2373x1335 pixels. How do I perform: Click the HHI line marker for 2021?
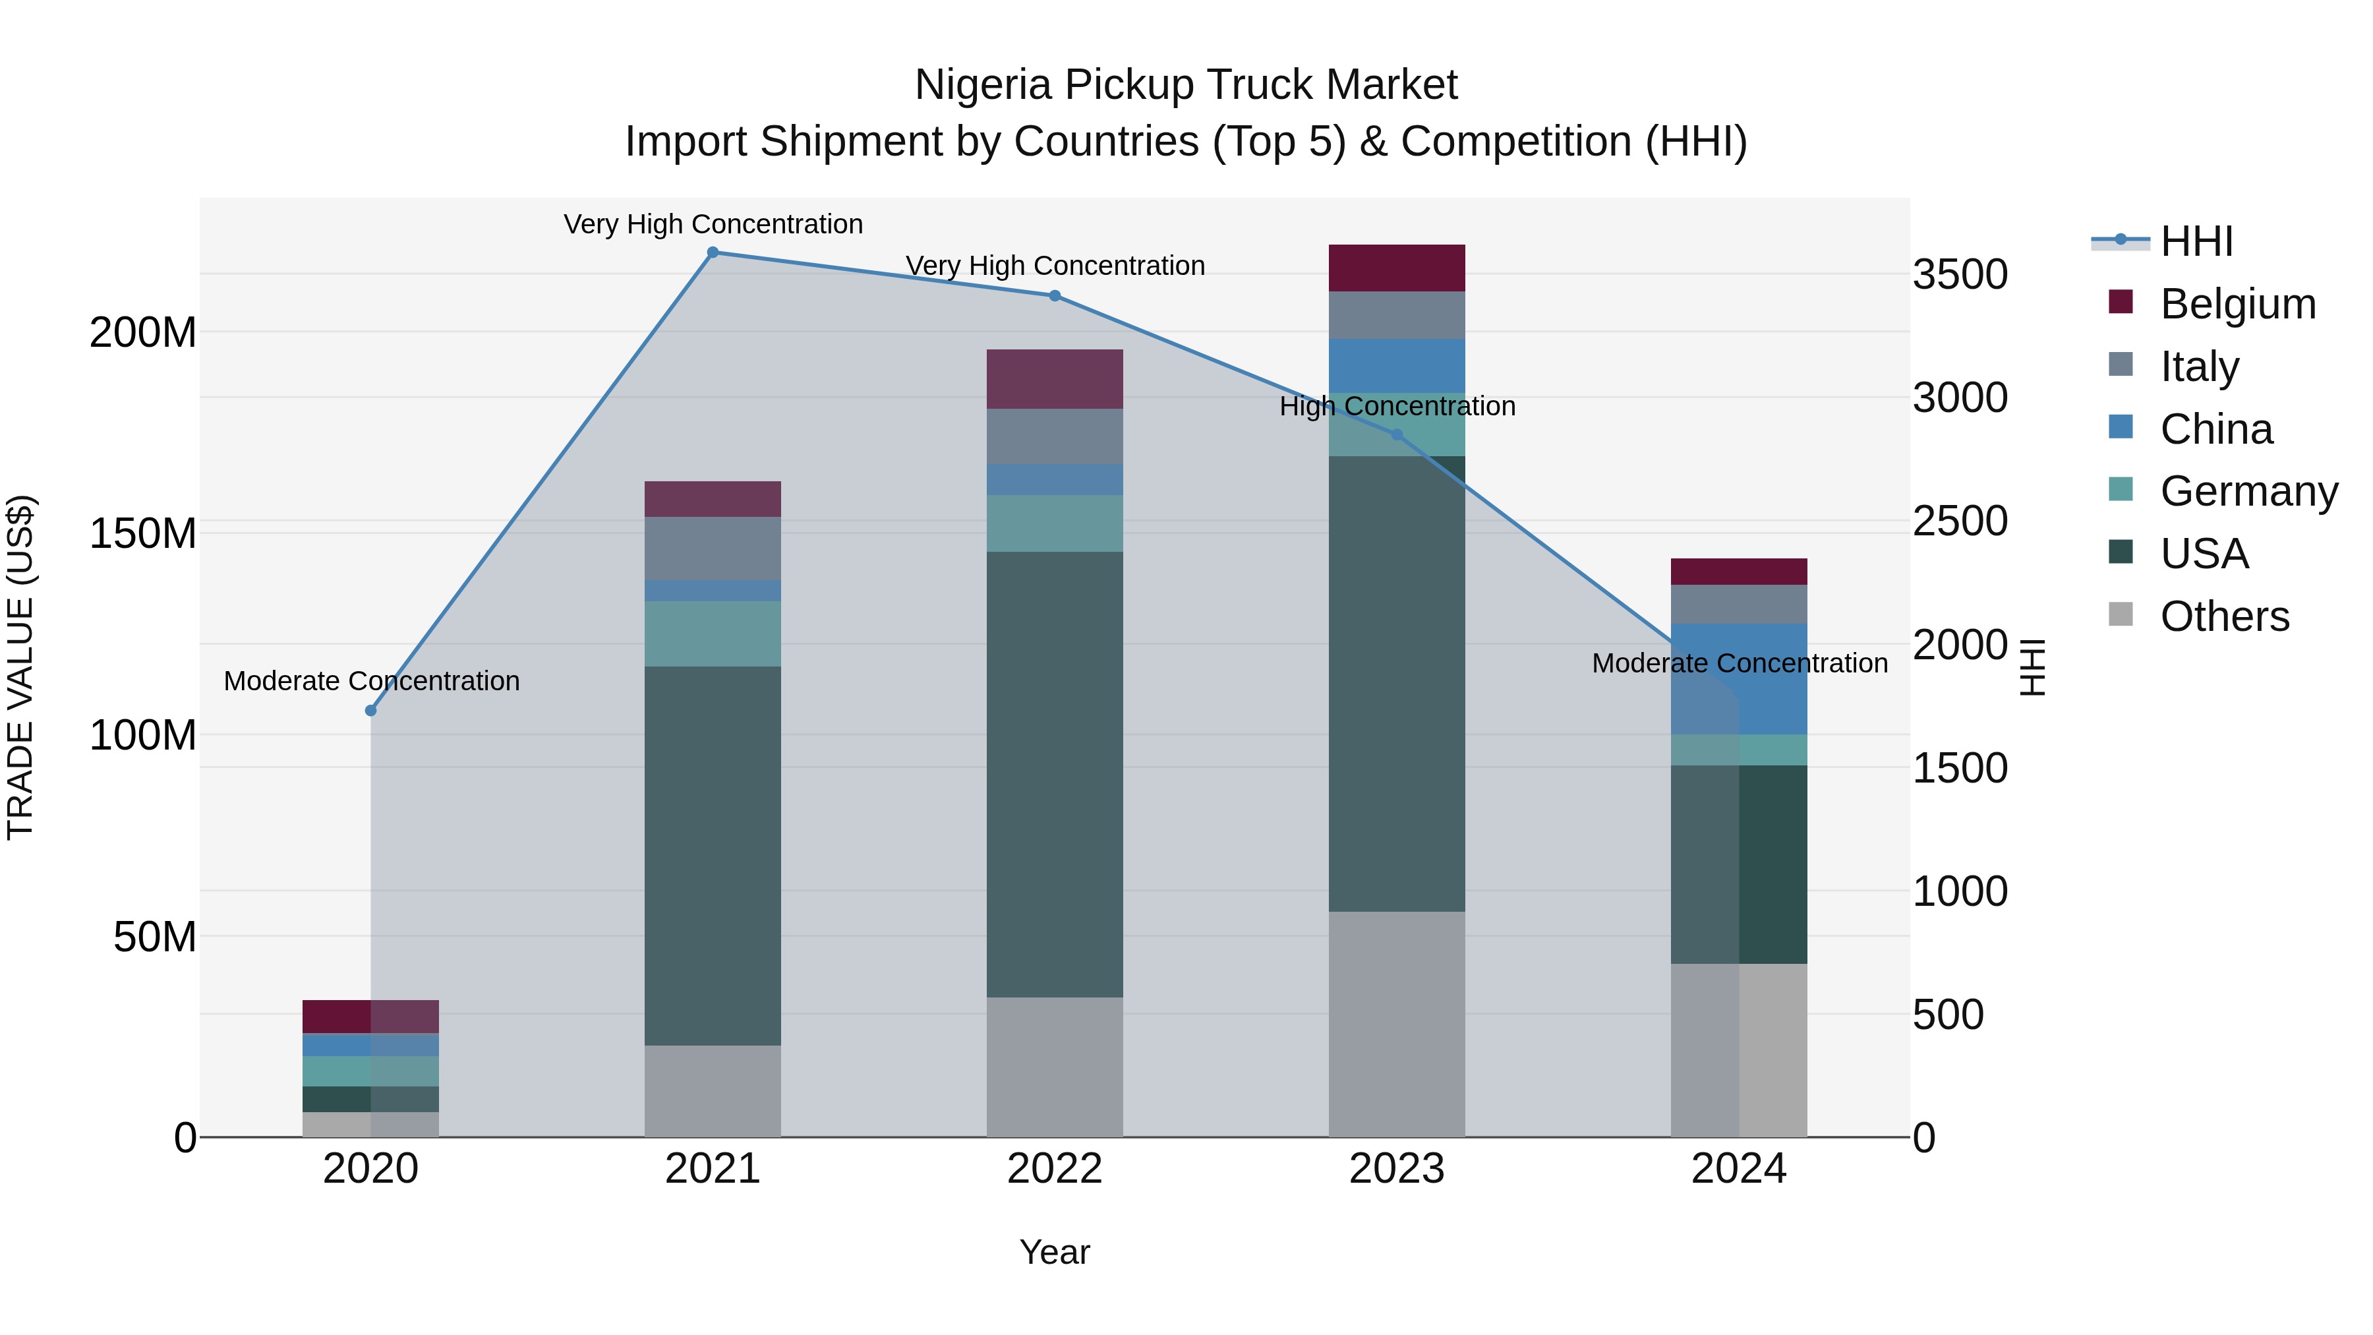tap(712, 252)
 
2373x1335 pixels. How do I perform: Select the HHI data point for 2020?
tap(370, 710)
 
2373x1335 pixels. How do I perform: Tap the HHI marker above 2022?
tap(1055, 296)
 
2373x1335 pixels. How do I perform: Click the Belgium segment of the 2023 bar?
tap(1397, 268)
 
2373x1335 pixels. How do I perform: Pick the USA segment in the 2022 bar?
tap(1055, 774)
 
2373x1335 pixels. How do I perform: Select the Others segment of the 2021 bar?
tap(712, 1091)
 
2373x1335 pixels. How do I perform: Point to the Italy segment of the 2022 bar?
tap(1055, 436)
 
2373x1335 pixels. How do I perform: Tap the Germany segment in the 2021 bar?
tap(712, 634)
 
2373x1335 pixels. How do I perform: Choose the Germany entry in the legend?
tap(2248, 491)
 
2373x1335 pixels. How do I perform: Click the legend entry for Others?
tap(2224, 616)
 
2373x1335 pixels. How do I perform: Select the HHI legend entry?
tap(2196, 241)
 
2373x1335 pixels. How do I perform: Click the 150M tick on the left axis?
tap(143, 533)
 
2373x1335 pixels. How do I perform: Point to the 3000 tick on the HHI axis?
tap(1960, 398)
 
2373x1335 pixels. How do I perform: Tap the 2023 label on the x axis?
tap(1397, 1169)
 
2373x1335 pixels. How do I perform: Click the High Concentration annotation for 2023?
tap(1397, 406)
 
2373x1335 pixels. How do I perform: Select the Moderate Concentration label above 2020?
tap(371, 681)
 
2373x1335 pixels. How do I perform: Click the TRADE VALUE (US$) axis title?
tap(20, 667)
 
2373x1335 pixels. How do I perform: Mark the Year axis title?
tap(1055, 1252)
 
